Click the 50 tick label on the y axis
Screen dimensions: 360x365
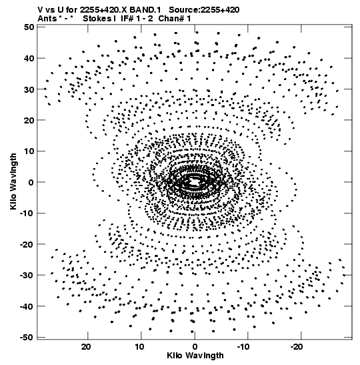29,27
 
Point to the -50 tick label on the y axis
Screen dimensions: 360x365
27,337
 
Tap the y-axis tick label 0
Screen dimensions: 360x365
31,182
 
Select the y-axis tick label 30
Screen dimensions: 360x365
29,89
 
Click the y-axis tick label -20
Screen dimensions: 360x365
27,244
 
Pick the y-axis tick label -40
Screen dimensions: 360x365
27,306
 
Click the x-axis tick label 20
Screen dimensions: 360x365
86,346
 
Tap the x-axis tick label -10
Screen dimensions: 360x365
243,346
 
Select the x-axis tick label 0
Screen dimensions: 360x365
195,346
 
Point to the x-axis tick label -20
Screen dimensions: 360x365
297,346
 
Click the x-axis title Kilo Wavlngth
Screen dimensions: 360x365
195,356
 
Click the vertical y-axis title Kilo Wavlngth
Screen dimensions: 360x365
13,181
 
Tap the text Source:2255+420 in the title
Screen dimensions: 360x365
204,10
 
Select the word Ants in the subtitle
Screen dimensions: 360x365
47,19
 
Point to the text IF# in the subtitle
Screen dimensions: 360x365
127,19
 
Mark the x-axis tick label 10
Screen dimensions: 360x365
139,346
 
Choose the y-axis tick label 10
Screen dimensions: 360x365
29,151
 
